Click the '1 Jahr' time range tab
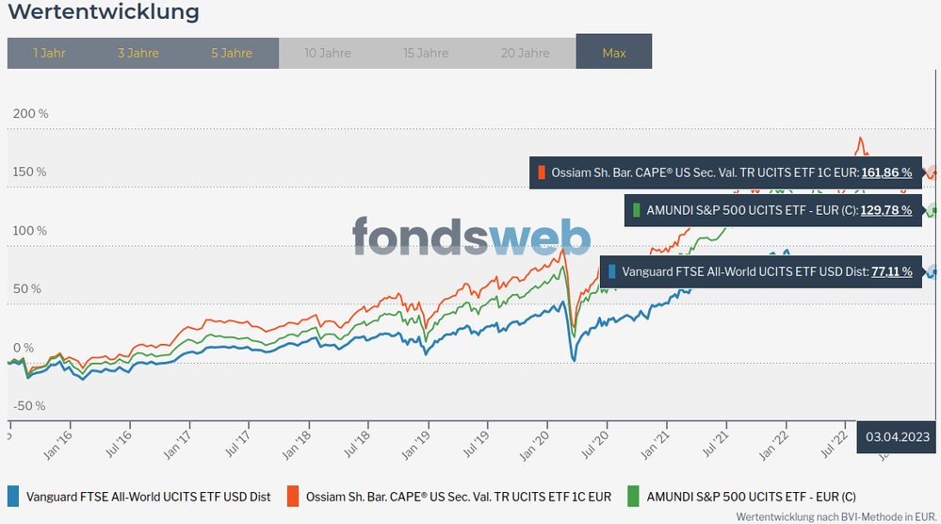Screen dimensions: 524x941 click(49, 53)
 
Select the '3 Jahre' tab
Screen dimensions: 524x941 click(138, 53)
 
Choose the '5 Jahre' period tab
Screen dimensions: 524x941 click(232, 53)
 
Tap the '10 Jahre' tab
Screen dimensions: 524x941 click(328, 53)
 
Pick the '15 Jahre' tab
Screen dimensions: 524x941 click(427, 53)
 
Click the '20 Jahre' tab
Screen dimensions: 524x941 click(526, 53)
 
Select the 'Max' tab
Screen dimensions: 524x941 click(614, 53)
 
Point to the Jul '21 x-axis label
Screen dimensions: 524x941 click(718, 445)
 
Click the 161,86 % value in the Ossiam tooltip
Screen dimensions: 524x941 click(886, 172)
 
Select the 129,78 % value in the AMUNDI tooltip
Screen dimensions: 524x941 click(885, 210)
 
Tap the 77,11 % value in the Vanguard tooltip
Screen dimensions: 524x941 click(891, 271)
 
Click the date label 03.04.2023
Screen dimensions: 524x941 click(898, 436)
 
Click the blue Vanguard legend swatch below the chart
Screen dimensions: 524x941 click(13, 496)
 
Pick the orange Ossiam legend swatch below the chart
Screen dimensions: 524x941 click(293, 496)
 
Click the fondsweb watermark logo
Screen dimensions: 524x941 click(471, 236)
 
